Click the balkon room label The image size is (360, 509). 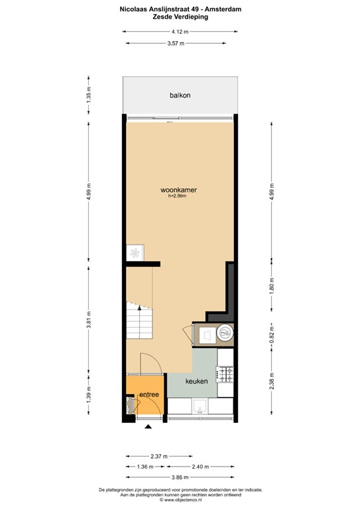pyautogui.click(x=180, y=95)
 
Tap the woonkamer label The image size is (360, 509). pyautogui.click(x=178, y=190)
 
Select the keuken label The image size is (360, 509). pyautogui.click(x=196, y=381)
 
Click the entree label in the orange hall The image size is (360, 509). pyautogui.click(x=149, y=394)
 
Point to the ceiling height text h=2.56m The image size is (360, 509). pyautogui.click(x=177, y=196)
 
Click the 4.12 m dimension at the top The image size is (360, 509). pyautogui.click(x=180, y=32)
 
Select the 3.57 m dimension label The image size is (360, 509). pyautogui.click(x=176, y=43)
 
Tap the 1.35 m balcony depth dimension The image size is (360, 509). pyautogui.click(x=89, y=95)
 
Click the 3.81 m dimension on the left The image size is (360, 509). pyautogui.click(x=89, y=319)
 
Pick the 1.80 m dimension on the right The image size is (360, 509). pyautogui.click(x=272, y=284)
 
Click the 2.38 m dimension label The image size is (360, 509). pyautogui.click(x=272, y=381)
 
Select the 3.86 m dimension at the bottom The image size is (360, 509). pyautogui.click(x=180, y=477)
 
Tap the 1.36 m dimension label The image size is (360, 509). pyautogui.click(x=145, y=467)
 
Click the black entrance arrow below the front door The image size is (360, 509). pyautogui.click(x=148, y=427)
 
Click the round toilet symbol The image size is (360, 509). pyautogui.click(x=225, y=333)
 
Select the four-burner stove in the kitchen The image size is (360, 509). pyautogui.click(x=225, y=374)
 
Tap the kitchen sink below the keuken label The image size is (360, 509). pyautogui.click(x=200, y=406)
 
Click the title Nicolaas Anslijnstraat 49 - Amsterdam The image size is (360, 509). pyautogui.click(x=180, y=9)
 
